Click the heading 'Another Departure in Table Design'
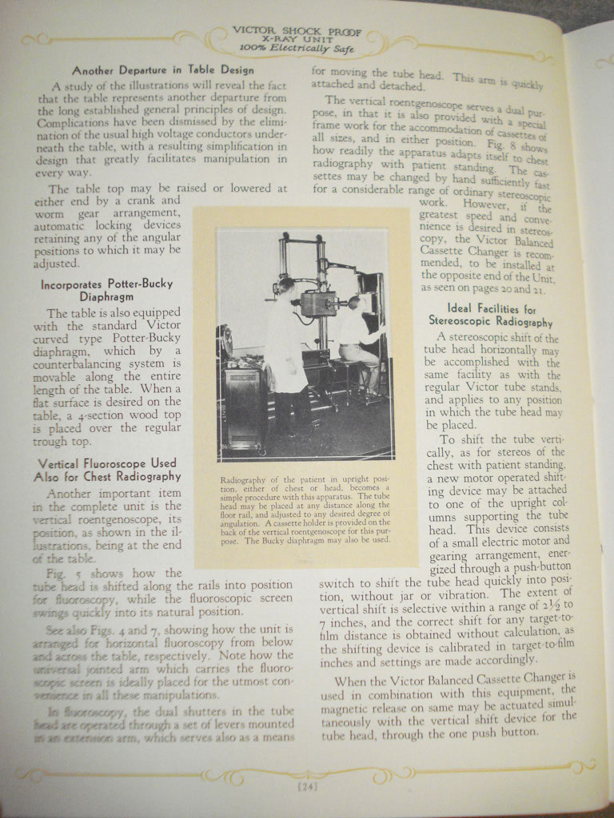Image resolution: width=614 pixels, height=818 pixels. [x=163, y=70]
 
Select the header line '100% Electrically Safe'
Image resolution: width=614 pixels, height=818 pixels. [x=297, y=47]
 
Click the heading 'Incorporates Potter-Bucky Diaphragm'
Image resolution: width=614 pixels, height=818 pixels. [x=106, y=289]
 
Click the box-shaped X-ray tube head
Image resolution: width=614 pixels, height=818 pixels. [x=318, y=303]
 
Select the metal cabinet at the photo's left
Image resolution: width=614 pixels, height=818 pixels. [x=245, y=403]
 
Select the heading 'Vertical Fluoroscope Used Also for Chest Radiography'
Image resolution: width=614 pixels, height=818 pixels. [x=107, y=469]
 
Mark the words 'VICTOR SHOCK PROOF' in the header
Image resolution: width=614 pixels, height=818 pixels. [x=296, y=30]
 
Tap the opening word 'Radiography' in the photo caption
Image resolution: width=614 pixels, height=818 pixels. [x=242, y=480]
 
